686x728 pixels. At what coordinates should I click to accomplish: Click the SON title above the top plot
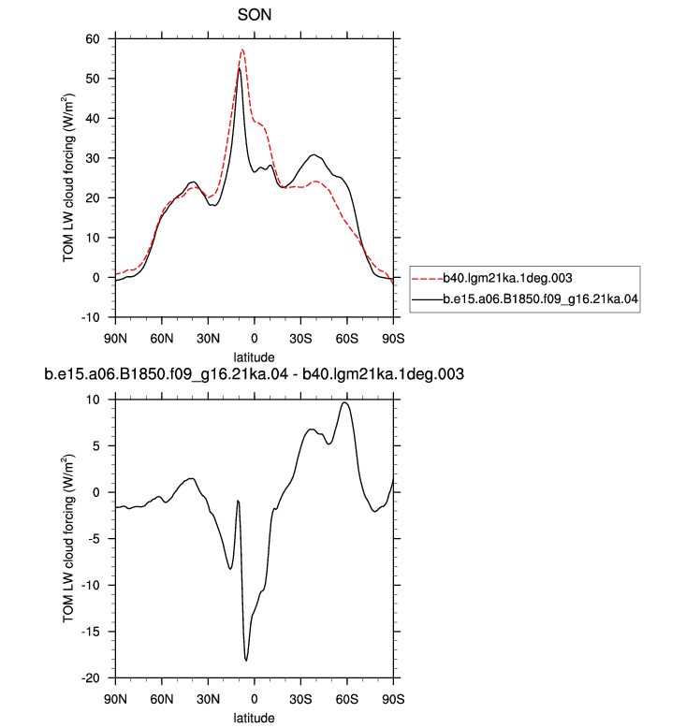(x=255, y=15)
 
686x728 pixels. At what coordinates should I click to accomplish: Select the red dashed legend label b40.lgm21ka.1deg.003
(x=507, y=278)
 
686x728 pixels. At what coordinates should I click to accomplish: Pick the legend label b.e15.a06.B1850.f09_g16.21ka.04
(x=540, y=298)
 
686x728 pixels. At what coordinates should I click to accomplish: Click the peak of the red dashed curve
(x=242, y=50)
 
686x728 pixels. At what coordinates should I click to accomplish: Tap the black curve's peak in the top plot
(x=240, y=68)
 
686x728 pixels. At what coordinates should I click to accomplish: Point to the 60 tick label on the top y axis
(x=93, y=39)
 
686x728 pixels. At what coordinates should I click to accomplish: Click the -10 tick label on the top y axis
(x=91, y=317)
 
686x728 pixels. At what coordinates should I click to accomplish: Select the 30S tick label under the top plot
(x=300, y=339)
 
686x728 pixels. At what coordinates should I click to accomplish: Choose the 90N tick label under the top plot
(x=115, y=339)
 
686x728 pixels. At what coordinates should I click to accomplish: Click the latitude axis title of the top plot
(x=254, y=357)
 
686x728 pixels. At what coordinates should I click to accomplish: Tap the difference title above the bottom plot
(x=254, y=373)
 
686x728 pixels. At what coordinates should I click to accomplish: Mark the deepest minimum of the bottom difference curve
(x=246, y=661)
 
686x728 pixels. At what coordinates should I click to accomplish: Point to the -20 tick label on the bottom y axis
(x=91, y=677)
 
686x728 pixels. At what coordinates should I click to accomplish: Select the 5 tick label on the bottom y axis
(x=96, y=445)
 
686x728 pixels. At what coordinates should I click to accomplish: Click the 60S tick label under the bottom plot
(x=347, y=699)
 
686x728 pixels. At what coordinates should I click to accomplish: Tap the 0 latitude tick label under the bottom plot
(x=254, y=699)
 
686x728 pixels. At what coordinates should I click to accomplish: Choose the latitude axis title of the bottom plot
(x=254, y=718)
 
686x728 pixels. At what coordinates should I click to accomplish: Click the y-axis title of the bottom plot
(x=68, y=539)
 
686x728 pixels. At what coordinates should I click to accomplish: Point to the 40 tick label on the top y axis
(x=93, y=119)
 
